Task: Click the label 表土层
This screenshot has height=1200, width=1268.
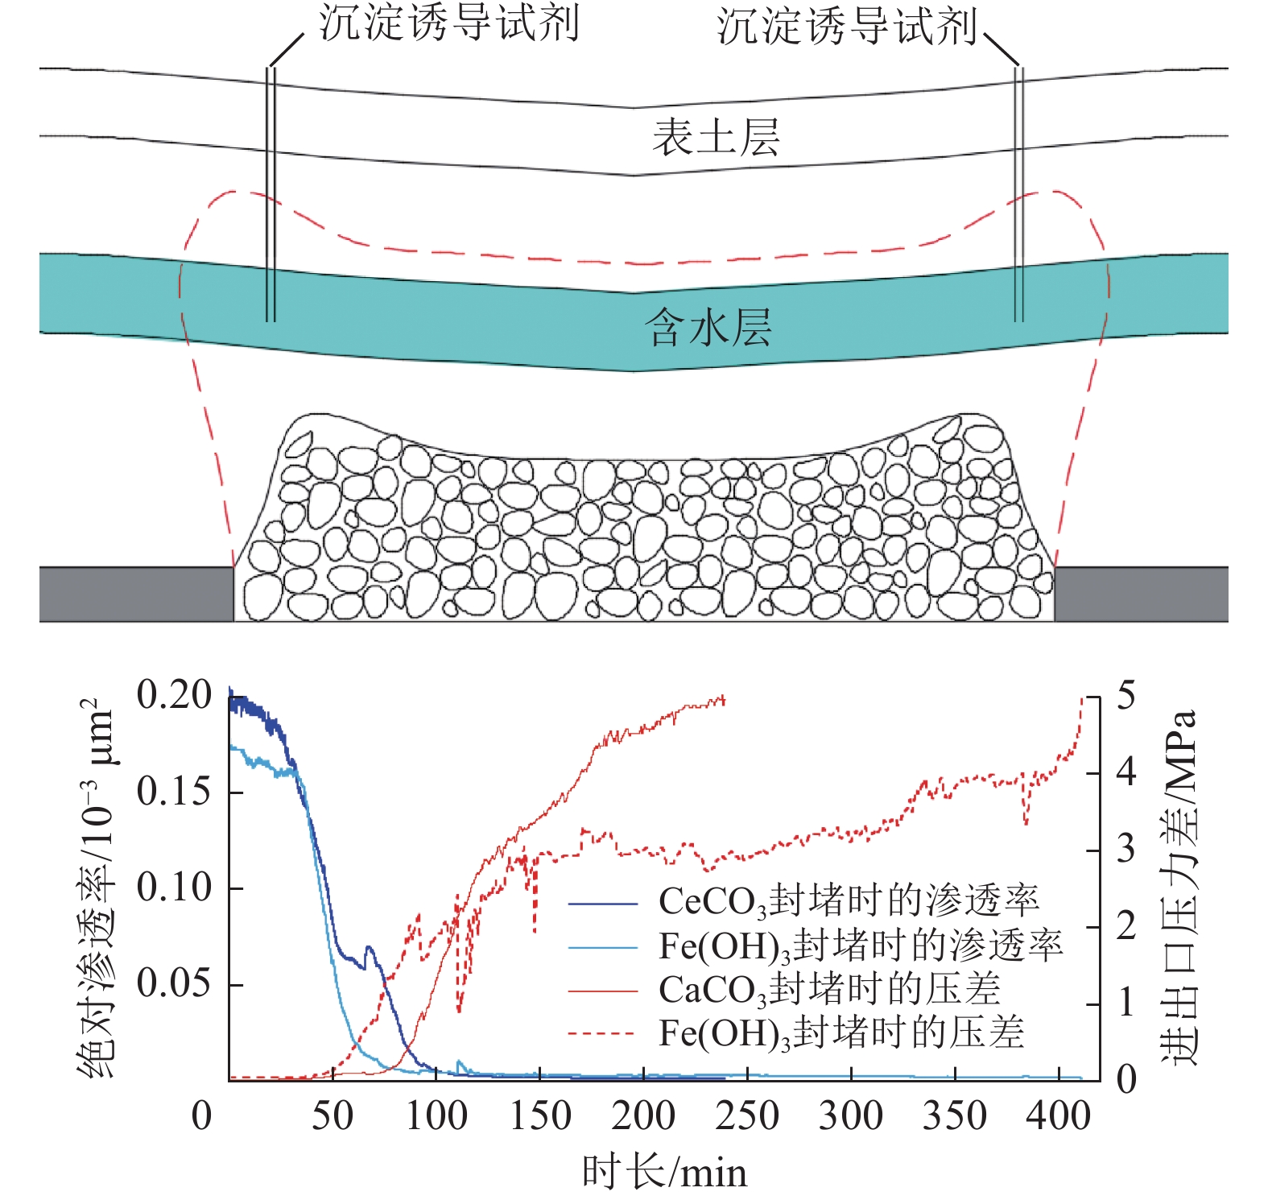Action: (715, 137)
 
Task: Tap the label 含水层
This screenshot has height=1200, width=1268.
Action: (708, 328)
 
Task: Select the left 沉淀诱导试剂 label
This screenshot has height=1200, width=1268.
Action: (448, 23)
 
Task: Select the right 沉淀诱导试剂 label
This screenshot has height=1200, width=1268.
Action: (846, 26)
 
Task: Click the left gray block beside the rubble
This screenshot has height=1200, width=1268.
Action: (136, 594)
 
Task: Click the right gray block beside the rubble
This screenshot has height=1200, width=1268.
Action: (1141, 594)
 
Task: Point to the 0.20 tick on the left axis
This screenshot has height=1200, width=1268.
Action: (173, 695)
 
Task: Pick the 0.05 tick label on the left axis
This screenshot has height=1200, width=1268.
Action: (173, 983)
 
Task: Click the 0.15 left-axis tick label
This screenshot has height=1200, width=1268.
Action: (173, 791)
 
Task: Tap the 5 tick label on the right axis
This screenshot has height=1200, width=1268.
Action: (1126, 695)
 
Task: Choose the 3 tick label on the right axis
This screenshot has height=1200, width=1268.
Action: (1126, 849)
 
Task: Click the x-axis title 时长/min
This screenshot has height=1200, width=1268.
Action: (664, 1172)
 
